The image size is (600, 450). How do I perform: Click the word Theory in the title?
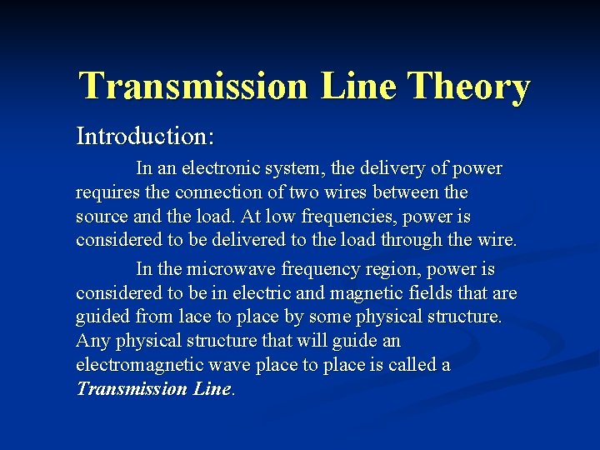471,86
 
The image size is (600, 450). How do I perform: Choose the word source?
101,217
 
